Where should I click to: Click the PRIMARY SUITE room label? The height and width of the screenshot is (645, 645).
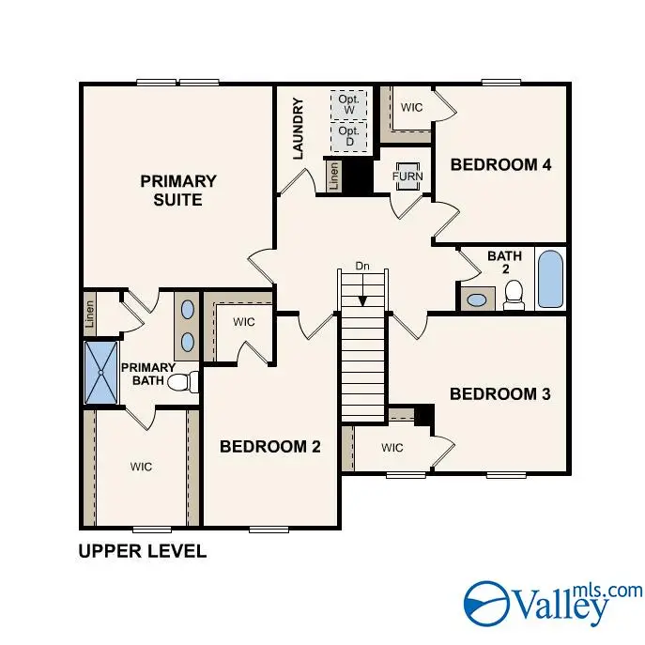pyautogui.click(x=178, y=190)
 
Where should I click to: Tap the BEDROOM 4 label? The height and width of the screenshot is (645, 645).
pyautogui.click(x=500, y=164)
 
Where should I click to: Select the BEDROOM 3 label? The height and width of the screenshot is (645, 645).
pyautogui.click(x=499, y=393)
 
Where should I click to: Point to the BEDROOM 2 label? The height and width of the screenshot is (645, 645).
pyautogui.click(x=270, y=446)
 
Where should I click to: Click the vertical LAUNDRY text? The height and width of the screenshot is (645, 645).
pyautogui.click(x=299, y=129)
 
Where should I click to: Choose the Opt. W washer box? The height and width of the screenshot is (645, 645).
pyautogui.click(x=348, y=104)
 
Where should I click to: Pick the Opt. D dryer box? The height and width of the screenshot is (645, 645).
pyautogui.click(x=348, y=137)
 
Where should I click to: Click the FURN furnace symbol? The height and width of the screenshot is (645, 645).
pyautogui.click(x=407, y=177)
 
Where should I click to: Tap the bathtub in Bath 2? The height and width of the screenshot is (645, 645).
pyautogui.click(x=550, y=278)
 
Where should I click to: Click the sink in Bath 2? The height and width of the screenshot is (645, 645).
pyautogui.click(x=478, y=300)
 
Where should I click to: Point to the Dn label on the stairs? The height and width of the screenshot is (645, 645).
pyautogui.click(x=362, y=267)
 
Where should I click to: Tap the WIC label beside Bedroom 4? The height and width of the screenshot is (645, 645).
pyautogui.click(x=411, y=107)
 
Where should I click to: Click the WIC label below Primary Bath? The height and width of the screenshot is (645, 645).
pyautogui.click(x=141, y=467)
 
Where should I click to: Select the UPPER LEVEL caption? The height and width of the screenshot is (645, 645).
pyautogui.click(x=142, y=551)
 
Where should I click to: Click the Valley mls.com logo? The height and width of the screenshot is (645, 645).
pyautogui.click(x=553, y=602)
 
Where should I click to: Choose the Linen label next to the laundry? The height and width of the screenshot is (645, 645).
pyautogui.click(x=333, y=176)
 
